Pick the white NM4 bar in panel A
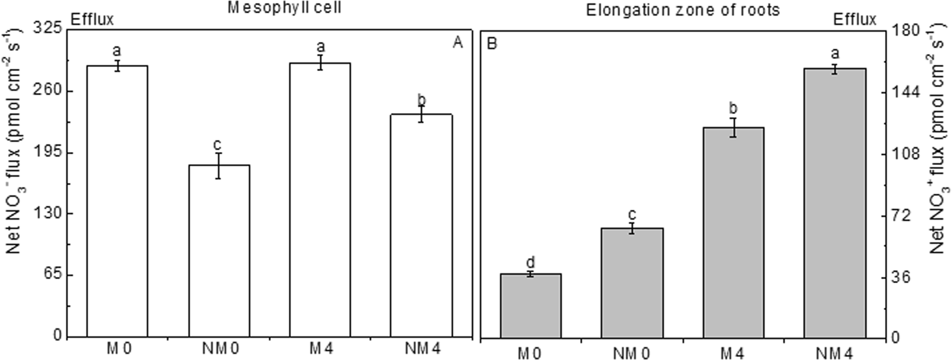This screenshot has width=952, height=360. point(421,225)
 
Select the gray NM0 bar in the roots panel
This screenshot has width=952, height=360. point(632,283)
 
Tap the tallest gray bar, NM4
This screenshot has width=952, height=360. point(835,203)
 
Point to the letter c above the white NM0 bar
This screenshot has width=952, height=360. point(218,143)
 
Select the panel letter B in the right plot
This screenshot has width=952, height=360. point(493,43)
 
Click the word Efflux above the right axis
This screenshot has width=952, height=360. point(855,20)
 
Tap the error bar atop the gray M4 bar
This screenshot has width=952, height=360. point(734,127)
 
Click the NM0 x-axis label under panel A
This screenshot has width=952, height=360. point(218,350)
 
